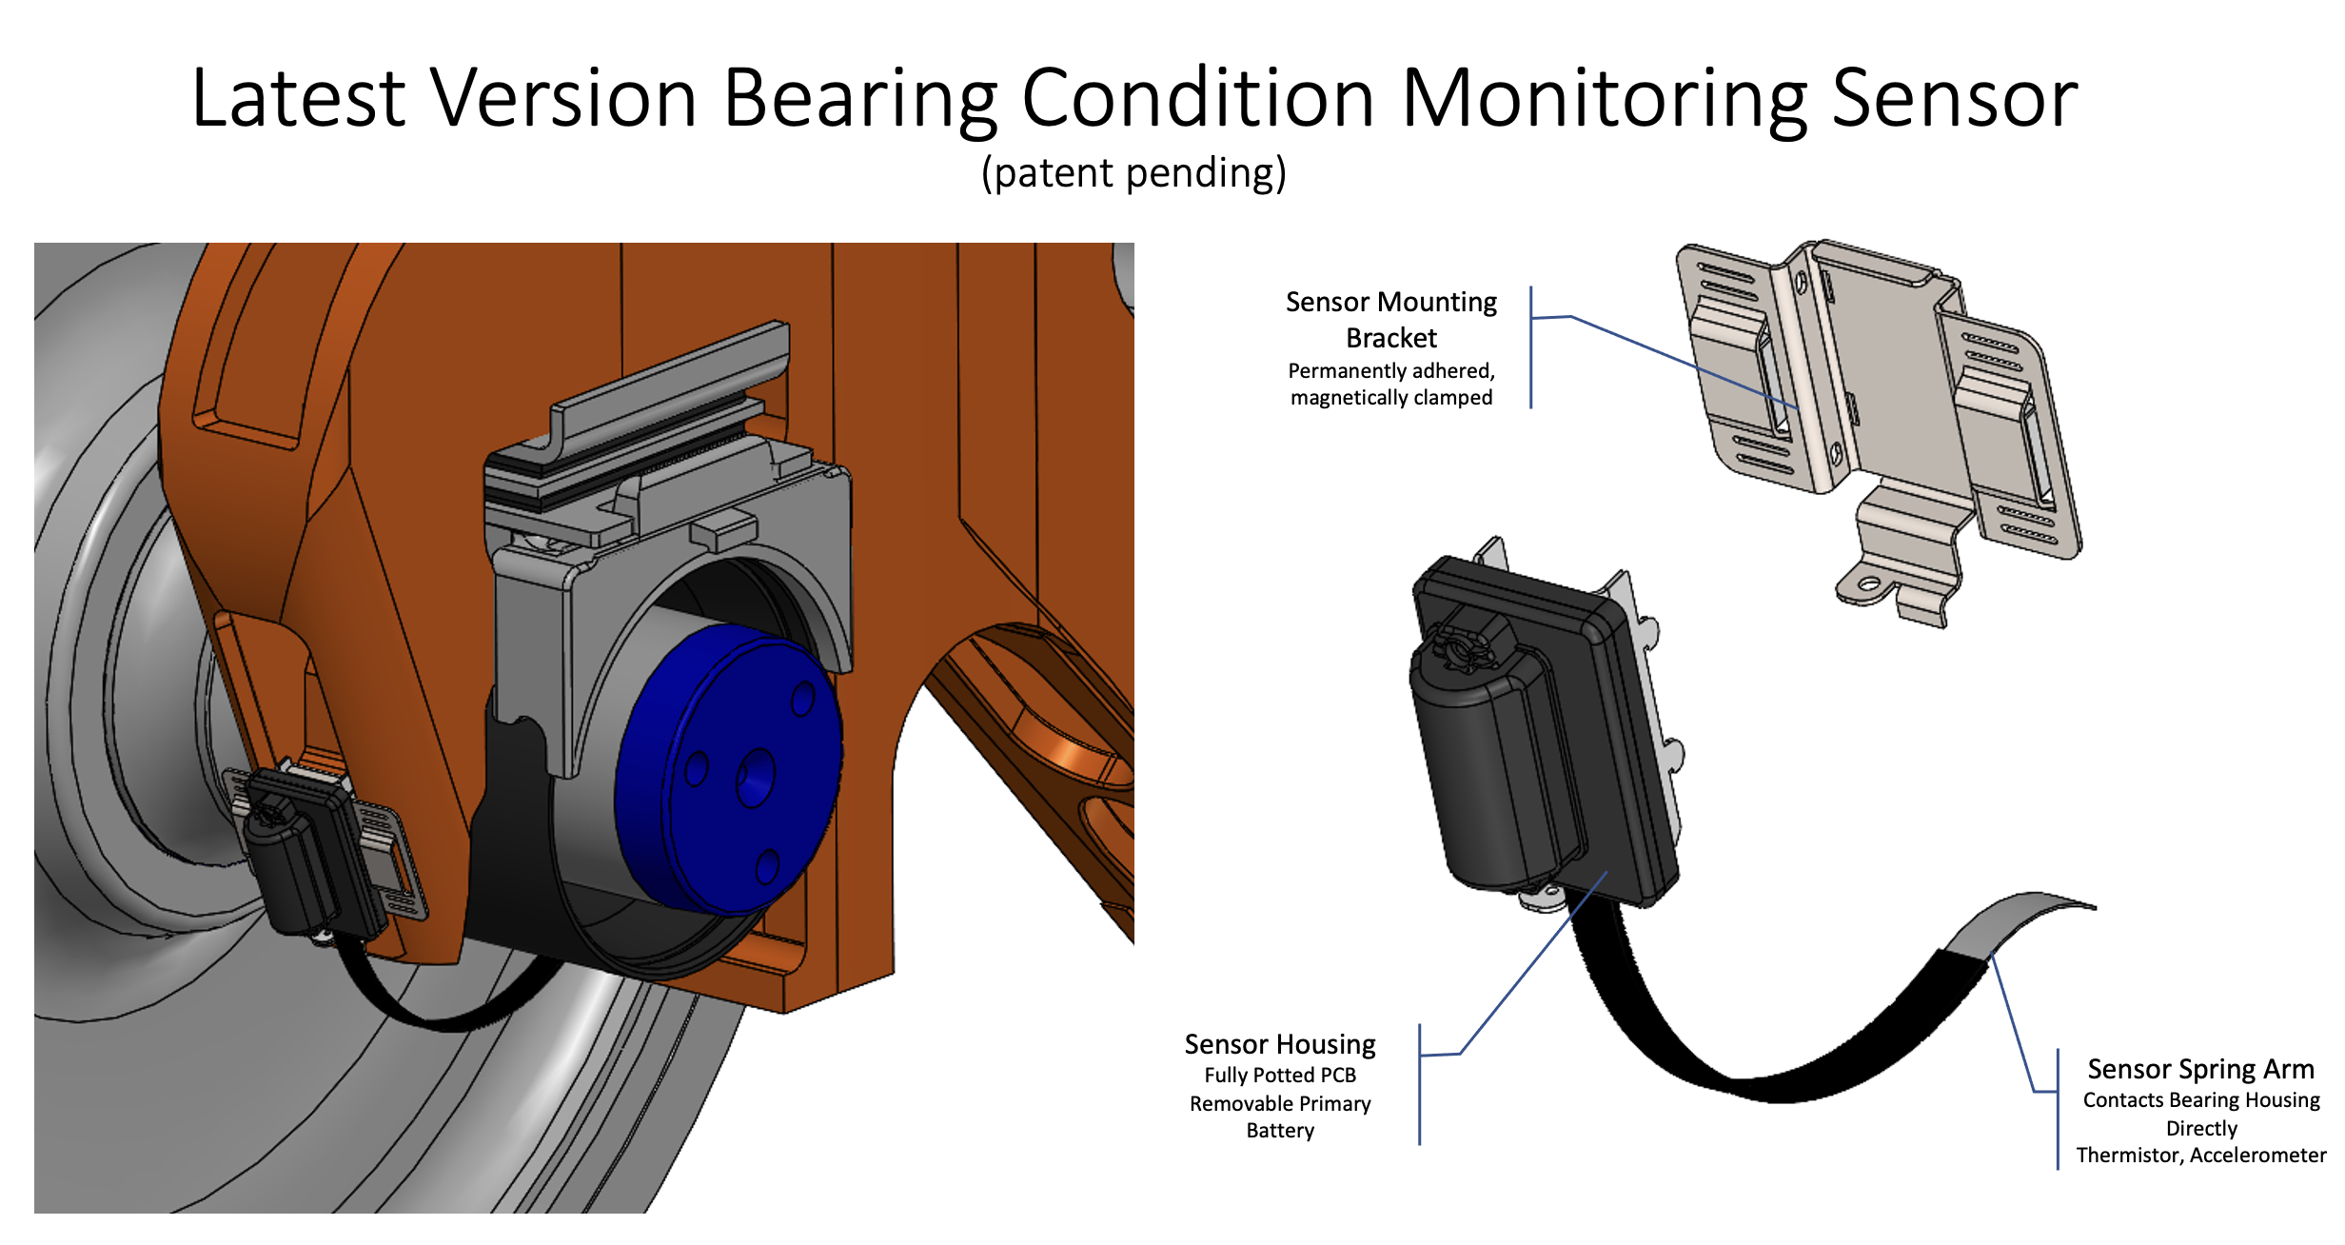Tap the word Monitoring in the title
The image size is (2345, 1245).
[1604, 99]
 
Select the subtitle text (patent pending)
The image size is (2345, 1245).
[1133, 173]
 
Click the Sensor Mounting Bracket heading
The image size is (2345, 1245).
[1390, 320]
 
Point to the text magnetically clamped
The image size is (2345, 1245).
[1390, 398]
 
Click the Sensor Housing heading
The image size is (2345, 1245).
[1279, 1044]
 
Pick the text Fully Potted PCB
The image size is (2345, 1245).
[1279, 1076]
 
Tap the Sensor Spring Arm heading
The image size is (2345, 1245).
[2200, 1069]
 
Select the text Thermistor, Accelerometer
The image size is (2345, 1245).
[2200, 1156]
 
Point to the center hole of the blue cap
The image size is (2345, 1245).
[757, 776]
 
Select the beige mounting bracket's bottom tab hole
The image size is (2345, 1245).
[1867, 583]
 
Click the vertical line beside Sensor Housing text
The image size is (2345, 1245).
[1419, 1085]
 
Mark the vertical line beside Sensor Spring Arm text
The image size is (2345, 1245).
[2058, 1109]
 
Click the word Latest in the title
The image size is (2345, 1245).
[298, 99]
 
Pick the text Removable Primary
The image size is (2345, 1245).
[1279, 1104]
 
